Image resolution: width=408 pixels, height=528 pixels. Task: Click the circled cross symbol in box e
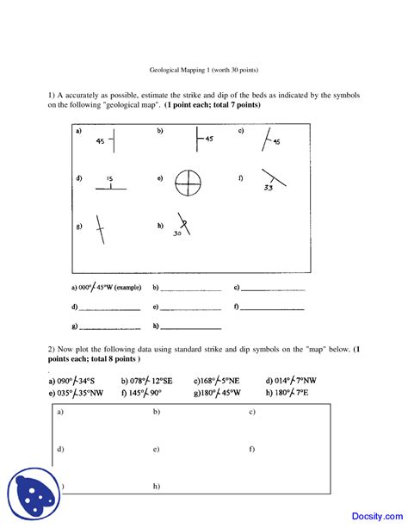coord(188,183)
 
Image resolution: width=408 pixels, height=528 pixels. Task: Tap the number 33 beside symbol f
coord(269,187)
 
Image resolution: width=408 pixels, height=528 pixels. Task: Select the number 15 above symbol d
coord(109,178)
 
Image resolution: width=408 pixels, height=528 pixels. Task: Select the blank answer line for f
coord(273,307)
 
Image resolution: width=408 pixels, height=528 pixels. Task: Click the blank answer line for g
coord(110,328)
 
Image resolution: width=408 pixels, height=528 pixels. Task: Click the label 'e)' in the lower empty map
coord(156,449)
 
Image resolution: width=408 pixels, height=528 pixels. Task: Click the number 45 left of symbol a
coord(100,141)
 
